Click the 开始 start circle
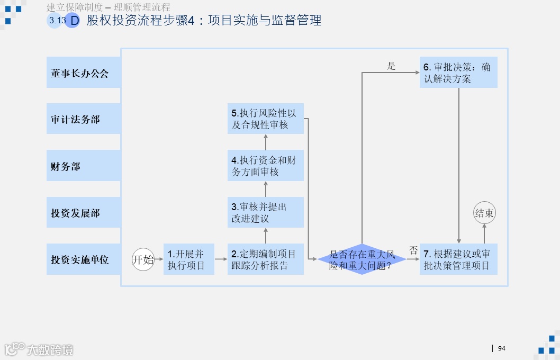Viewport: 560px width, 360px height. pyautogui.click(x=143, y=259)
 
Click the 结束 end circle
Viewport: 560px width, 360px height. pyautogui.click(x=484, y=213)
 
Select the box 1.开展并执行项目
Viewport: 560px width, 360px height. pyautogui.click(x=189, y=259)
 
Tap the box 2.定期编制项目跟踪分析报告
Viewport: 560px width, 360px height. pyautogui.click(x=266, y=259)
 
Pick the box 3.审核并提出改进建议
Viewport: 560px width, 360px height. pyautogui.click(x=266, y=212)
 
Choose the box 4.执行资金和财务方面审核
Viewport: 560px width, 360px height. pyautogui.click(x=266, y=166)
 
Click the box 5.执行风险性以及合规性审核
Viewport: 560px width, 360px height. pyautogui.click(x=266, y=119)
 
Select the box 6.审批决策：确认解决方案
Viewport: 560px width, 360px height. pyautogui.click(x=458, y=73)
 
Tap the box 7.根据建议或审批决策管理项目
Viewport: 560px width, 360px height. pyautogui.click(x=458, y=259)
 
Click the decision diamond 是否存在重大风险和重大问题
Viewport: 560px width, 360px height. pyautogui.click(x=362, y=259)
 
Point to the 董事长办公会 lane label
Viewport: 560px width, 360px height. pyautogui.click(x=83, y=73)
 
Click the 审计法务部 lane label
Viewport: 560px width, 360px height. pyautogui.click(x=83, y=120)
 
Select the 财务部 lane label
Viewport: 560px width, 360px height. pyautogui.click(x=83, y=166)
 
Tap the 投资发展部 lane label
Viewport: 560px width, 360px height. pyautogui.click(x=83, y=213)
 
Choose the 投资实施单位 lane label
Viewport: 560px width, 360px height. pyautogui.click(x=83, y=259)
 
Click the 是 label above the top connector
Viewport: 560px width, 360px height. pyautogui.click(x=391, y=66)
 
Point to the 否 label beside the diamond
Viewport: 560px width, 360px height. pyautogui.click(x=413, y=249)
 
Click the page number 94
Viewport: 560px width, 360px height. pyautogui.click(x=502, y=348)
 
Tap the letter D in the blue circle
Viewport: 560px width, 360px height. pyautogui.click(x=74, y=21)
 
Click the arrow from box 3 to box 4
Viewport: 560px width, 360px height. pyautogui.click(x=266, y=189)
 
